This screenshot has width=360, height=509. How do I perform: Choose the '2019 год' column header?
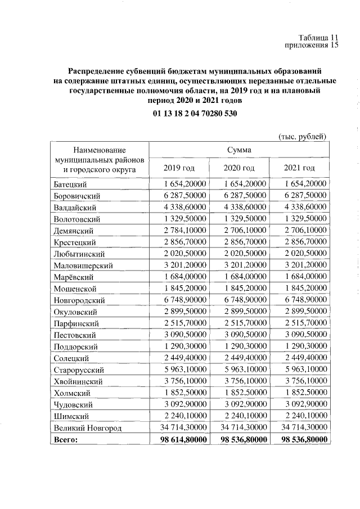[179, 168]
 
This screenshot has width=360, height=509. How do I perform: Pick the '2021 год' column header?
[300, 168]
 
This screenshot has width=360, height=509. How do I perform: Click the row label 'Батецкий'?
[71, 184]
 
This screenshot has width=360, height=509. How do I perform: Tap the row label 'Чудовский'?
[74, 405]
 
